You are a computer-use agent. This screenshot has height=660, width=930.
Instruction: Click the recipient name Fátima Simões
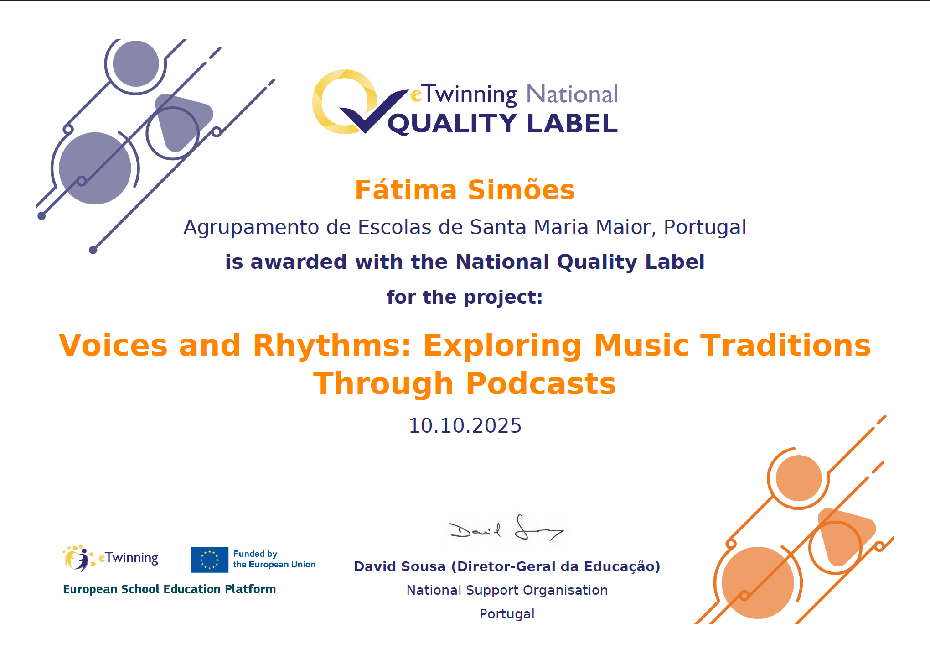point(465,189)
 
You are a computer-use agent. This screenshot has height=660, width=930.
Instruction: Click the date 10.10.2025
point(465,426)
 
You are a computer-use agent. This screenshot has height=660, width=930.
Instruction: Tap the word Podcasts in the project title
point(541,383)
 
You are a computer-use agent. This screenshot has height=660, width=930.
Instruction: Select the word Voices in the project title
point(113,345)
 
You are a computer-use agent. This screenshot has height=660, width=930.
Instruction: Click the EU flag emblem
point(209,560)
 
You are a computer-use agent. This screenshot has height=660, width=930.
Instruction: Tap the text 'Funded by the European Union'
point(274,559)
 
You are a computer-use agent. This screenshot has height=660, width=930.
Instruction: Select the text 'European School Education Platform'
point(169,589)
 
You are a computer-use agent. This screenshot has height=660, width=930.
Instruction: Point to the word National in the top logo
point(572,94)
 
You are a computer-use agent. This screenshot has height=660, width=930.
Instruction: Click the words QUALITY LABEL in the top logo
point(502,123)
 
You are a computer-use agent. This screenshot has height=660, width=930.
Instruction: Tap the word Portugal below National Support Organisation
point(507,614)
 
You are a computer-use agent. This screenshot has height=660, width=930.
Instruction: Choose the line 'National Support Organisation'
point(507,590)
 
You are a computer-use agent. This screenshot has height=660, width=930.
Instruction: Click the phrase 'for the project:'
point(465,297)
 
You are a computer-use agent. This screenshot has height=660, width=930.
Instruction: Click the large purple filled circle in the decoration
point(95,168)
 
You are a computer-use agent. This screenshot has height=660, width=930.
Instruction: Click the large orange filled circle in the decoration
point(758,583)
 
